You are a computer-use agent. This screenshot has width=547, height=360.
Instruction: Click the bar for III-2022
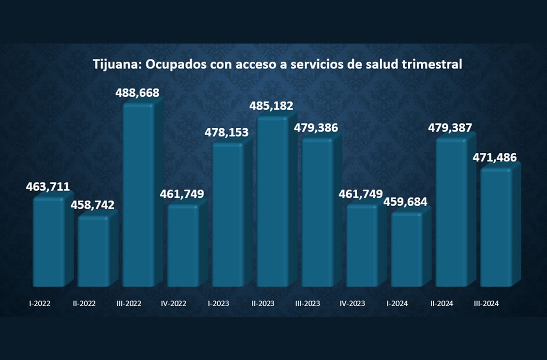pyautogui.click(x=138, y=196)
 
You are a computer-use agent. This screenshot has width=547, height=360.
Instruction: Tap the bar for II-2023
pyautogui.click(x=272, y=202)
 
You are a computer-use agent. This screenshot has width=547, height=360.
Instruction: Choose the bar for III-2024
pyautogui.click(x=496, y=228)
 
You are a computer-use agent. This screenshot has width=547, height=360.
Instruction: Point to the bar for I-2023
pyautogui.click(x=228, y=216)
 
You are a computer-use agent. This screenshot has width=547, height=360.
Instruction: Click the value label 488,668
pyautogui.click(x=137, y=93)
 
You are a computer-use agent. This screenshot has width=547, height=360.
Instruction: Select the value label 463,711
pyautogui.click(x=48, y=187)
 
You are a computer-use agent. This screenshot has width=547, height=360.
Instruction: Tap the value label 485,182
pyautogui.click(x=271, y=105)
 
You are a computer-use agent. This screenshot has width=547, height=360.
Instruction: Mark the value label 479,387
pyautogui.click(x=450, y=128)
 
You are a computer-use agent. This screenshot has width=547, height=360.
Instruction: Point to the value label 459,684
pyautogui.click(x=406, y=201)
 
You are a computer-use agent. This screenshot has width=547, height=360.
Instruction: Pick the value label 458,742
pyautogui.click(x=93, y=205)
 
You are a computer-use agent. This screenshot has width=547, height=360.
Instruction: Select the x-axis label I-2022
pyautogui.click(x=39, y=304)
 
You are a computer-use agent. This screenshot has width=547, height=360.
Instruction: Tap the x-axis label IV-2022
pyautogui.click(x=173, y=304)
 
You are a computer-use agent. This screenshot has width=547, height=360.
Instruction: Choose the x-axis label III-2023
pyautogui.click(x=308, y=304)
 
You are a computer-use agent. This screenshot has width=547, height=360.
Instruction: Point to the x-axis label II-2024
pyautogui.click(x=442, y=304)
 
